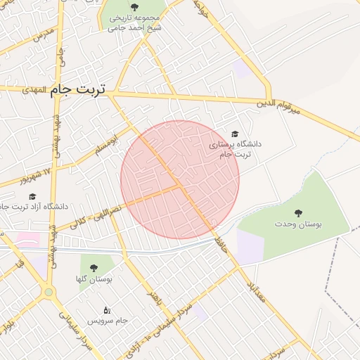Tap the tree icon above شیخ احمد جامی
134,7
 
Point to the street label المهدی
34,91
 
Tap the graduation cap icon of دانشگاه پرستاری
235,134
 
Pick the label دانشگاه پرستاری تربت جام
235,148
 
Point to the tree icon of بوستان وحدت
298,212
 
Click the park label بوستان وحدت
298,224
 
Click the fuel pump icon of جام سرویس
107,309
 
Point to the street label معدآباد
256,290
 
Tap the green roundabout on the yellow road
49,292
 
